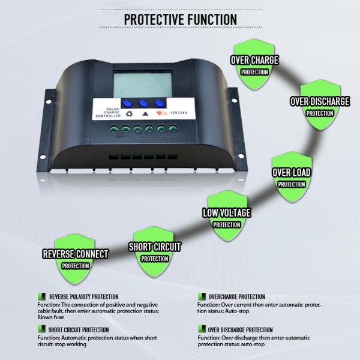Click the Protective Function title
[181, 19]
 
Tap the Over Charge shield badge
[254, 65]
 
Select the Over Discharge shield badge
[320, 105]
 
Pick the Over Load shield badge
[292, 177]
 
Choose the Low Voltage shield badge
[227, 216]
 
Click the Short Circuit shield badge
[154, 251]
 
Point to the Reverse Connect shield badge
[76, 259]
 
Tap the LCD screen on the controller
[143, 85]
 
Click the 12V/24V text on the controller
[179, 113]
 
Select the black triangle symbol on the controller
[145, 113]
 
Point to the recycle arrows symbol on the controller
[129, 113]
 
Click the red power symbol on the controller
[164, 113]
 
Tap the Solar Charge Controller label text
[108, 113]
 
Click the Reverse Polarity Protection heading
[84, 296]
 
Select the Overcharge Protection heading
[237, 296]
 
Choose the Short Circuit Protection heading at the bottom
[79, 329]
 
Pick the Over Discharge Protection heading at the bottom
[241, 329]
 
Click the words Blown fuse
[51, 317]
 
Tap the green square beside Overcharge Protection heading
[202, 296]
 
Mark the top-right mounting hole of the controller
[235, 100]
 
